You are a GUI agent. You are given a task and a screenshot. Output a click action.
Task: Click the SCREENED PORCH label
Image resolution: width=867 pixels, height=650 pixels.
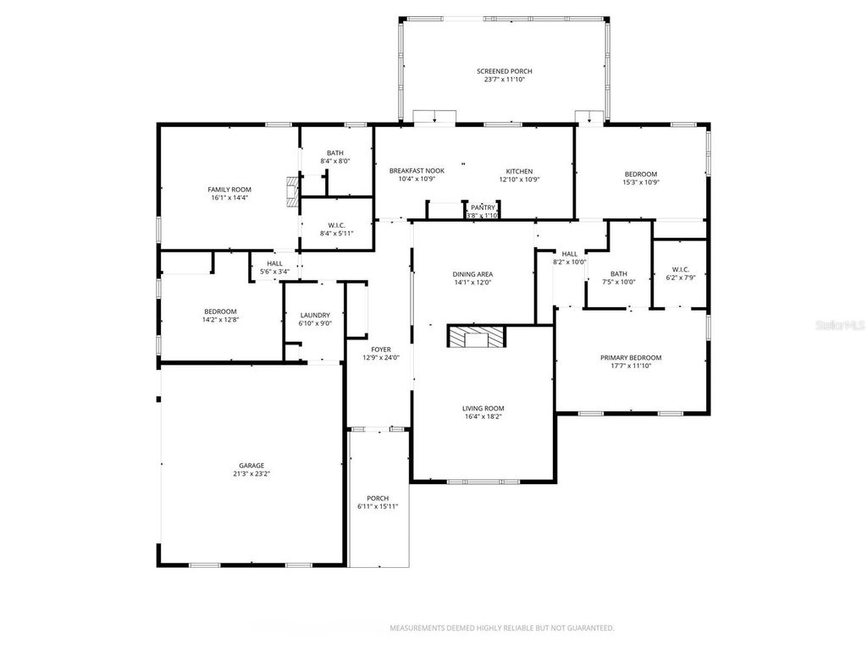click(504, 71)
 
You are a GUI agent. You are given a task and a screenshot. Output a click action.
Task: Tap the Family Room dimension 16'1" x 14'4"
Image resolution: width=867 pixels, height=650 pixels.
click(230, 198)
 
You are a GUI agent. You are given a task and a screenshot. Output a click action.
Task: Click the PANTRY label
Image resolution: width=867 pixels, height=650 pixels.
click(483, 207)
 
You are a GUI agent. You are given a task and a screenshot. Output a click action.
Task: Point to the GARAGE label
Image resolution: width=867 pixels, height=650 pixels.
click(251, 465)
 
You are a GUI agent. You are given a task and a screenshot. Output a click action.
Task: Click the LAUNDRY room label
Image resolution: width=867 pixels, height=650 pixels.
click(314, 315)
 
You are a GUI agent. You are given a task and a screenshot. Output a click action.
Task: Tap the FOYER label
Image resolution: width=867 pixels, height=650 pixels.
click(380, 349)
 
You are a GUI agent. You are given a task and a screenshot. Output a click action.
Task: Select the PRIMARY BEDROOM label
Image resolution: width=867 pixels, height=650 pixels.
click(631, 357)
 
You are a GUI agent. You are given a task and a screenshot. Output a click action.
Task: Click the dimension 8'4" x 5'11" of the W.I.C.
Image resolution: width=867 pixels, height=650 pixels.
click(335, 234)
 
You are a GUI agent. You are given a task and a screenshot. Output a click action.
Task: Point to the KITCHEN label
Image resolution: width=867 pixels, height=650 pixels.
click(520, 171)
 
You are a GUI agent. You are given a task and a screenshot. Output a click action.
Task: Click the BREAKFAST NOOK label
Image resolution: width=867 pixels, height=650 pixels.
click(417, 171)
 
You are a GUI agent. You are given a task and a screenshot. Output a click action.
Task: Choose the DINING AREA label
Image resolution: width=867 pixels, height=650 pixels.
click(472, 274)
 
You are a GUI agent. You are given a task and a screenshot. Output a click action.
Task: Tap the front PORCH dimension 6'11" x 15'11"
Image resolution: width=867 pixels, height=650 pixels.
click(378, 506)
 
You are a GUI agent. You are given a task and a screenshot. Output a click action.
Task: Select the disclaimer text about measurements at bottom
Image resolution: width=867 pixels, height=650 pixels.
click(501, 628)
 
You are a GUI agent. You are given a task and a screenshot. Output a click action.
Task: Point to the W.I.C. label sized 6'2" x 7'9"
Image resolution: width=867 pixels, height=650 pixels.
click(679, 269)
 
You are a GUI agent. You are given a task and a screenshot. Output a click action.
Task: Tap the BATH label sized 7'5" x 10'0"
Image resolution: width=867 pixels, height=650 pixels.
click(619, 273)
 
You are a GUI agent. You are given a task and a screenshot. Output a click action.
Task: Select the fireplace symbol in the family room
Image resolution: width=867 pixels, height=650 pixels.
click(293, 191)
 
